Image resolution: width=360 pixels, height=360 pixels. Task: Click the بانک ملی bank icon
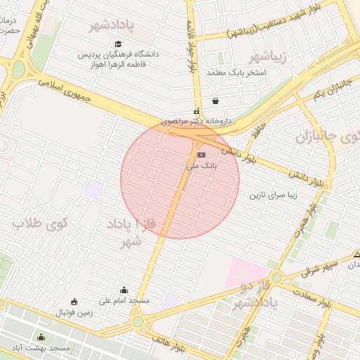coord(201,154)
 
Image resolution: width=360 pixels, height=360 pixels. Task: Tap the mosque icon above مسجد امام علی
coord(124,290)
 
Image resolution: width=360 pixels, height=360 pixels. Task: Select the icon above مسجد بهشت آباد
coord(40,337)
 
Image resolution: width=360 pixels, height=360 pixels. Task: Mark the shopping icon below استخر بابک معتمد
coord(214,101)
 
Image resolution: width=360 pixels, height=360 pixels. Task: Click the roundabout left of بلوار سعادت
coord(277,277)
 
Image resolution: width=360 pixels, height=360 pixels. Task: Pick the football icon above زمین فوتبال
coord(75,301)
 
